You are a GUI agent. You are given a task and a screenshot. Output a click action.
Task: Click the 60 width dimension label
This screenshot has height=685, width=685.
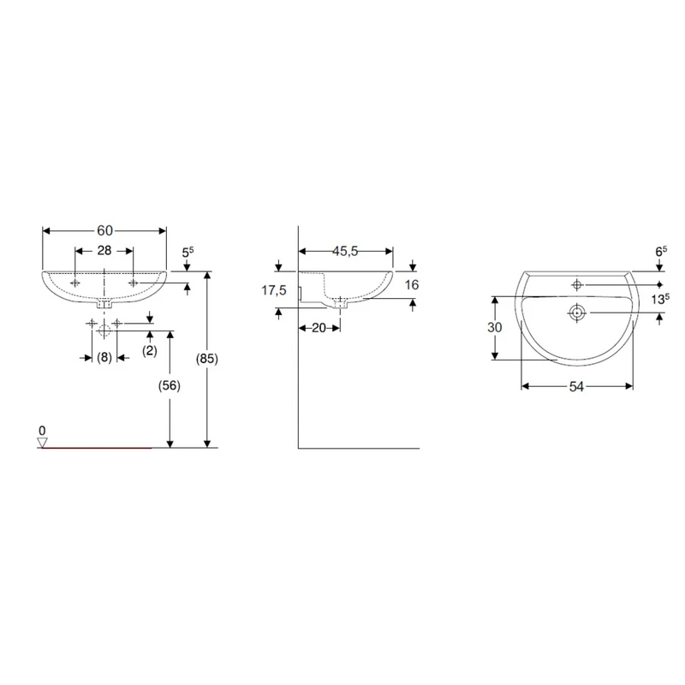coord(104,230)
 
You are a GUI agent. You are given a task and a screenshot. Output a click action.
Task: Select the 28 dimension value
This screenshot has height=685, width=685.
coord(104,250)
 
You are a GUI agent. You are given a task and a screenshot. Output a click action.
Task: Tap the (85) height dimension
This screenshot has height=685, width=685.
coord(206,359)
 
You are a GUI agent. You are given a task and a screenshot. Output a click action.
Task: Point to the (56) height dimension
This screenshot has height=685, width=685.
coord(169,385)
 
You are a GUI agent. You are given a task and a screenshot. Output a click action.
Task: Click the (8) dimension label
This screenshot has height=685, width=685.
coord(104,357)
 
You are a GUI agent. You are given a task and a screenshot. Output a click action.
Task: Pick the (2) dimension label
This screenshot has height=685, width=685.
coord(149,350)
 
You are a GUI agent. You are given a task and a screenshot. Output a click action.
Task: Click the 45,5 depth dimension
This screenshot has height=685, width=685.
coord(345,251)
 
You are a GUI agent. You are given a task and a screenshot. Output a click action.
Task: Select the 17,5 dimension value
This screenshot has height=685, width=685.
coord(274,289)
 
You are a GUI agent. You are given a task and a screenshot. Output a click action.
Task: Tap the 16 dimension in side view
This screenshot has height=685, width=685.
coord(412,285)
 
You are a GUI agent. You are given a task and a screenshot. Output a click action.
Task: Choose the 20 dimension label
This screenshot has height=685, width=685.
coord(319,328)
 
